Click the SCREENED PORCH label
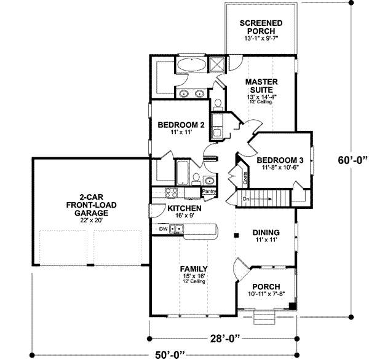261,27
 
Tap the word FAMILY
193,269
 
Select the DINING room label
266,233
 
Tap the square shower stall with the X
216,63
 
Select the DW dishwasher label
163,229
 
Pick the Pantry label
209,192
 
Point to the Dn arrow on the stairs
246,200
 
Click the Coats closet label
245,178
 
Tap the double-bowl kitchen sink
177,230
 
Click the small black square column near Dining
236,235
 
